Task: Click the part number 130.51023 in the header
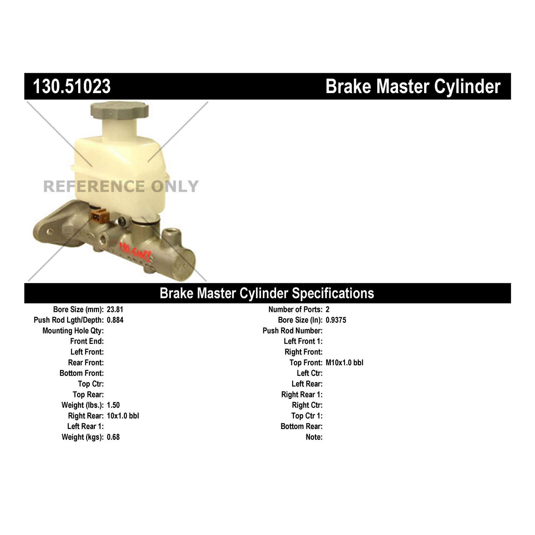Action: click(72, 87)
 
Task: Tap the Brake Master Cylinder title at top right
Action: click(413, 87)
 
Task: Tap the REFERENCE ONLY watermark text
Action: click(121, 186)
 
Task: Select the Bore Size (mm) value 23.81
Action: click(115, 310)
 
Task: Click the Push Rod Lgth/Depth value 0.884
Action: click(115, 320)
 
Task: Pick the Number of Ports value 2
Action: click(327, 310)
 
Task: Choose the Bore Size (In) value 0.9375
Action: click(336, 320)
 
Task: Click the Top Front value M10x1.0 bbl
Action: click(344, 363)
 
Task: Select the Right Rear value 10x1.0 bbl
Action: click(123, 416)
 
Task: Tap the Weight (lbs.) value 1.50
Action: click(113, 405)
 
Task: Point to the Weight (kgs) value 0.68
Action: click(113, 437)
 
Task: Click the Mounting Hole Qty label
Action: click(73, 331)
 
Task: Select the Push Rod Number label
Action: click(292, 331)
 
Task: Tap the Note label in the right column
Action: click(314, 437)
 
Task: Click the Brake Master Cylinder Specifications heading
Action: click(267, 293)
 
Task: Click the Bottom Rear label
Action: click(301, 427)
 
